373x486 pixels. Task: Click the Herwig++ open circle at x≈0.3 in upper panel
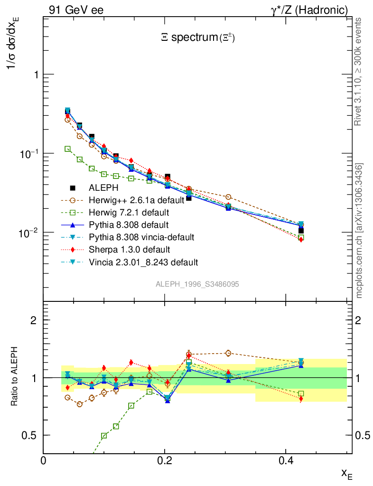(228, 197)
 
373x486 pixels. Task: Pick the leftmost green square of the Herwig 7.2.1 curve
(67, 149)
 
